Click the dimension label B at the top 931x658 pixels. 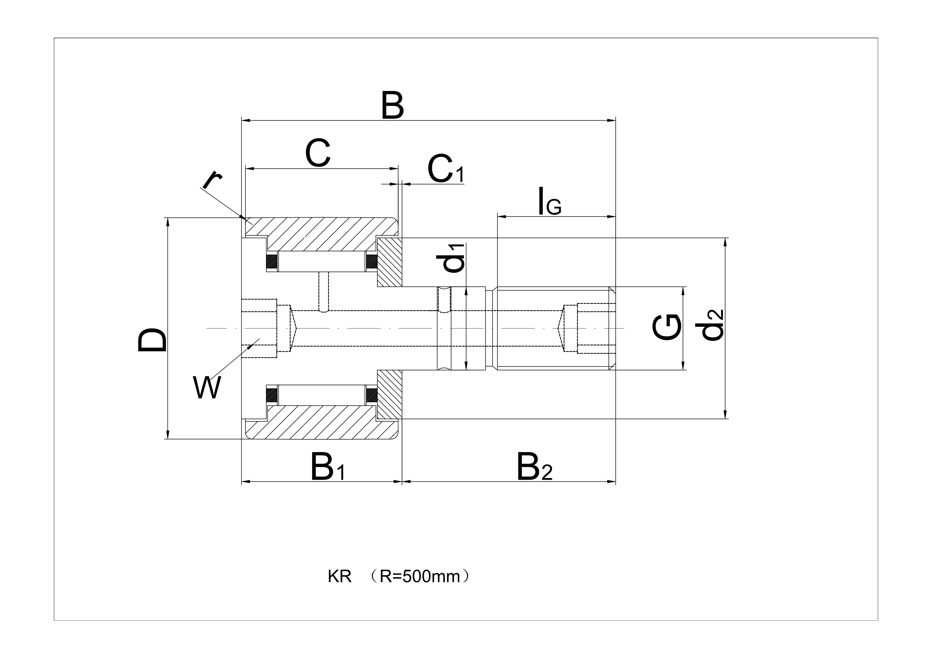[x=393, y=106]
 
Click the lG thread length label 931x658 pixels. [x=549, y=201]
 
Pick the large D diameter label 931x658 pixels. [x=152, y=340]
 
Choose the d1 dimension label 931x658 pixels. [x=453, y=257]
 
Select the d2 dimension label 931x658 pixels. [x=712, y=325]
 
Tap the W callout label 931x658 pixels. [x=207, y=388]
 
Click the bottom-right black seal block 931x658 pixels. [x=372, y=395]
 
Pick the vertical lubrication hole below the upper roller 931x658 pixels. [x=324, y=291]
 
